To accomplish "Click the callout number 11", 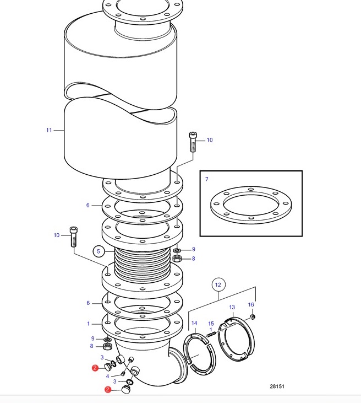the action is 49,130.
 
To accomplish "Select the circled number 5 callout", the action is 99,251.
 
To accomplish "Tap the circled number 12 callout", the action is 218,284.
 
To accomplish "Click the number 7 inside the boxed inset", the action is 207,179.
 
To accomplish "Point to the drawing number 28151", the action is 277,386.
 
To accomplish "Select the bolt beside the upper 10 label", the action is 193,142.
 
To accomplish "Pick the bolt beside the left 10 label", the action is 74,237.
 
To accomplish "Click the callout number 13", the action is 232,307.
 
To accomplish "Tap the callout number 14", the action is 194,323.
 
